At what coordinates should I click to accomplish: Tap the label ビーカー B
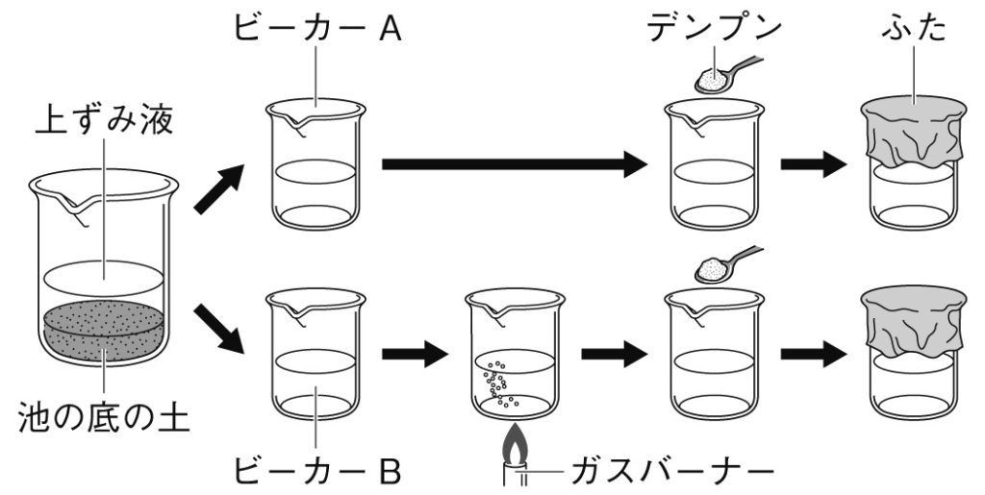click(316, 471)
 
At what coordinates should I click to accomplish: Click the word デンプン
click(713, 27)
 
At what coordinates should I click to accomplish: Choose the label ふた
click(913, 27)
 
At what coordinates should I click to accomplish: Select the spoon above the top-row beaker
click(726, 75)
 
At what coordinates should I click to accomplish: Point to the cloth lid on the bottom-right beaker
click(913, 322)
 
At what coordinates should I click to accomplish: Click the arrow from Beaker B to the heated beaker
click(415, 354)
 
